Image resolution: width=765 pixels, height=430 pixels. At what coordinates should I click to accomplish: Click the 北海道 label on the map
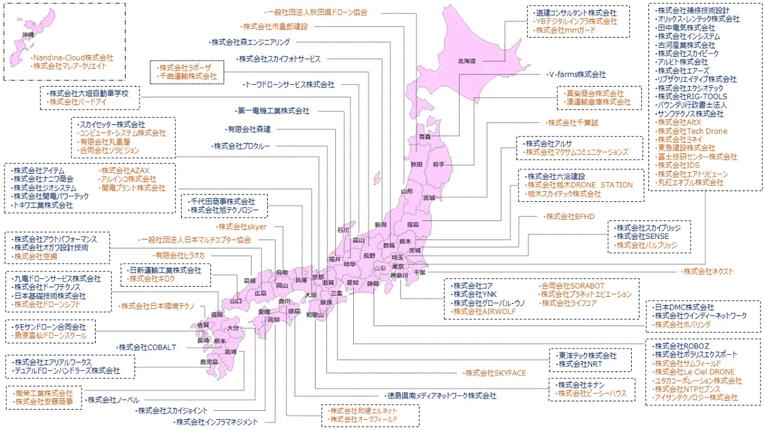[x=466, y=61]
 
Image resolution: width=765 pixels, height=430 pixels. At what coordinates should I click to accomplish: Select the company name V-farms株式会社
[x=577, y=74]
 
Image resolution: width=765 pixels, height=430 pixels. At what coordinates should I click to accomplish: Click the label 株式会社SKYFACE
[x=495, y=373]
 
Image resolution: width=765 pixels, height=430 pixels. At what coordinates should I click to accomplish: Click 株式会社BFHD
[x=570, y=217]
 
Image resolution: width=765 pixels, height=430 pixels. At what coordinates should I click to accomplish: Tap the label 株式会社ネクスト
[x=708, y=271]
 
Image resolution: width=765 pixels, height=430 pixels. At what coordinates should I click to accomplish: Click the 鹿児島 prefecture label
[x=209, y=362]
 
